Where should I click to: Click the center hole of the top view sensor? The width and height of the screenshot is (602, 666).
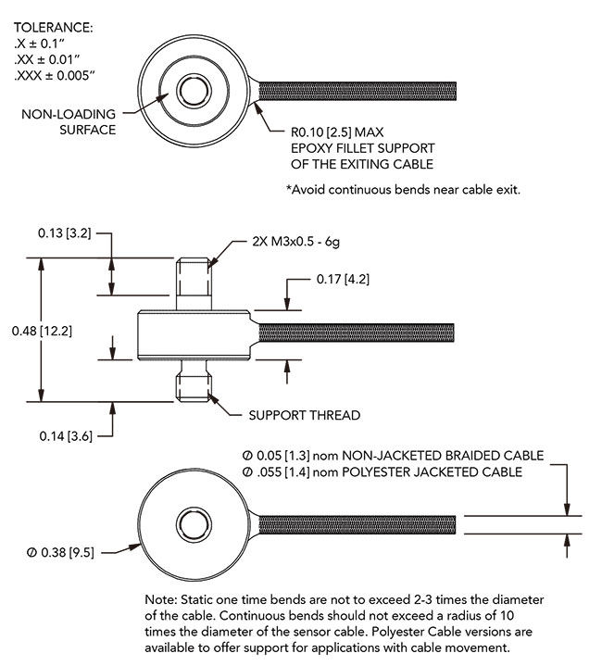(195, 91)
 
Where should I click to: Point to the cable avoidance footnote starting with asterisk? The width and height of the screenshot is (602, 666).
(404, 190)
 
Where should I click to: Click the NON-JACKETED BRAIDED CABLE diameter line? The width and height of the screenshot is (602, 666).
(393, 456)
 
